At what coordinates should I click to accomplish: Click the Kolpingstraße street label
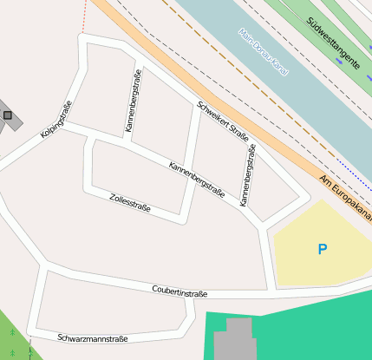click(55, 121)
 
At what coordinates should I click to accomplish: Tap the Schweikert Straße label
click(223, 122)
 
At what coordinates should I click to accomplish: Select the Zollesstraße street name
click(130, 202)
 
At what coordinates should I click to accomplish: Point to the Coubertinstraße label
click(179, 291)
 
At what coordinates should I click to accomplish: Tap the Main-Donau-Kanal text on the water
click(264, 52)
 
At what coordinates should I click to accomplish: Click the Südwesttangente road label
click(333, 36)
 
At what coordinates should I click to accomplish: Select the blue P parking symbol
click(323, 250)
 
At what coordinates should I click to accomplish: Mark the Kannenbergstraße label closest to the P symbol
click(248, 176)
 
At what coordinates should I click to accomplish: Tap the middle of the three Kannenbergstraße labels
click(197, 180)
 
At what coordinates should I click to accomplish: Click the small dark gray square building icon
click(8, 115)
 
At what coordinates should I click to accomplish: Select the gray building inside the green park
click(233, 341)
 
